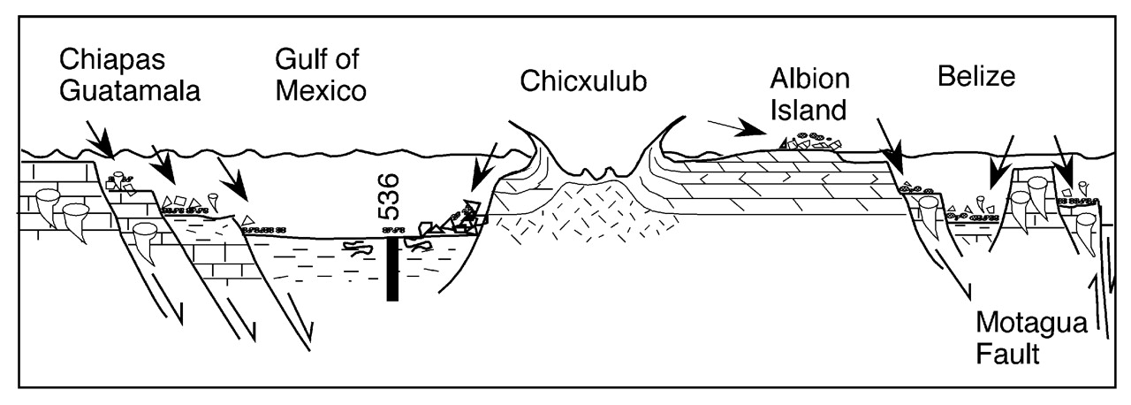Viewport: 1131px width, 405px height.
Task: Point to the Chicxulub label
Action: (573, 81)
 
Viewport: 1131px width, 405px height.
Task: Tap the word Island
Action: (807, 110)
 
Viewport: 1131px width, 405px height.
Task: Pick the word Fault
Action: (1006, 356)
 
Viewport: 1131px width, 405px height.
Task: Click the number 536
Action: (390, 196)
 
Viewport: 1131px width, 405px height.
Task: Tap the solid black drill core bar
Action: (392, 269)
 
